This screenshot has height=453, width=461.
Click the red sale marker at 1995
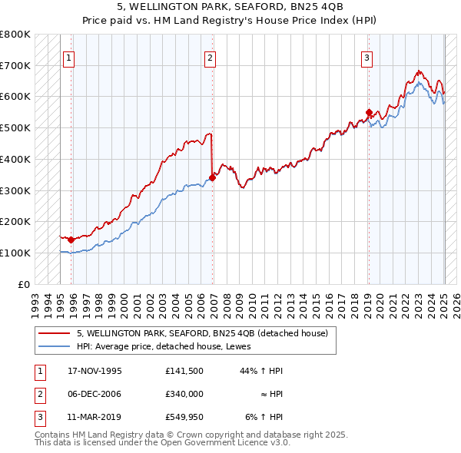[x=71, y=240]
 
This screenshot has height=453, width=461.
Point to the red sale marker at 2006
[x=212, y=177]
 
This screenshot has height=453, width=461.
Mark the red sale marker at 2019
[x=369, y=112]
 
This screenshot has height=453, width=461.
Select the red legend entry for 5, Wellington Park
[x=203, y=333]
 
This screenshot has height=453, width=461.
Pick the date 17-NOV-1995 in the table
[x=95, y=371]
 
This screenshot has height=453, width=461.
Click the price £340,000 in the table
[x=184, y=393]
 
